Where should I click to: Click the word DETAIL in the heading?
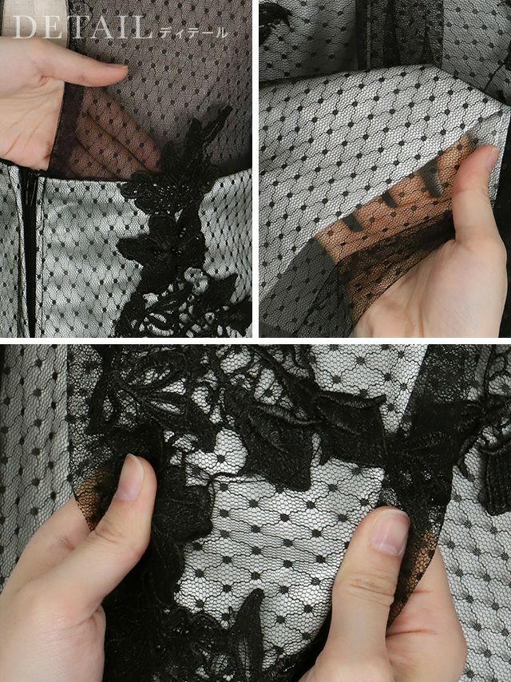81,27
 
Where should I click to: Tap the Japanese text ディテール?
193,32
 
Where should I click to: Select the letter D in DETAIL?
23,27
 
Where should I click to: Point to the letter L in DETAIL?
142,27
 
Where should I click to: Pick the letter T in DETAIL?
80,27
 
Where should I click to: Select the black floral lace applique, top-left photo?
178,226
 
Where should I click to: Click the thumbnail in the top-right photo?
493,158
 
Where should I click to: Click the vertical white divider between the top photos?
255,169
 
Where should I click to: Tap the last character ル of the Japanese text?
221,32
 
